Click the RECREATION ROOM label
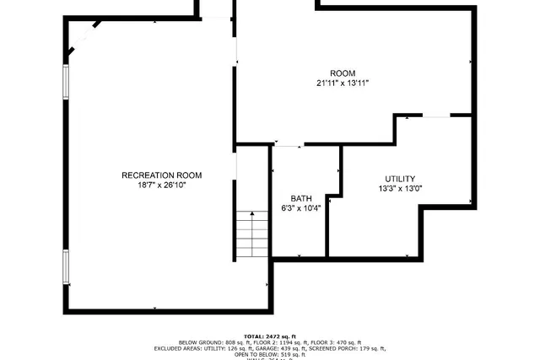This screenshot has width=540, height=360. pos(162,175)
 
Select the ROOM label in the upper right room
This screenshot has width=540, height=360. pos(343,73)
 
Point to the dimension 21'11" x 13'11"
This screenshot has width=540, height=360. pos(343,83)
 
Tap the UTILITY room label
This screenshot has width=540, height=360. pos(400,179)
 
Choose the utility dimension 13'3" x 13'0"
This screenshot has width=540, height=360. pos(400,189)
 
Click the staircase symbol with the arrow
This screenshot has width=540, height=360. pos(251,234)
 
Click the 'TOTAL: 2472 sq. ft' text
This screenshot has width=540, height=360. pos(270,336)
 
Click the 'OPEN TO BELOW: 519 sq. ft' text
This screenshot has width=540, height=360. pos(270,354)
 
